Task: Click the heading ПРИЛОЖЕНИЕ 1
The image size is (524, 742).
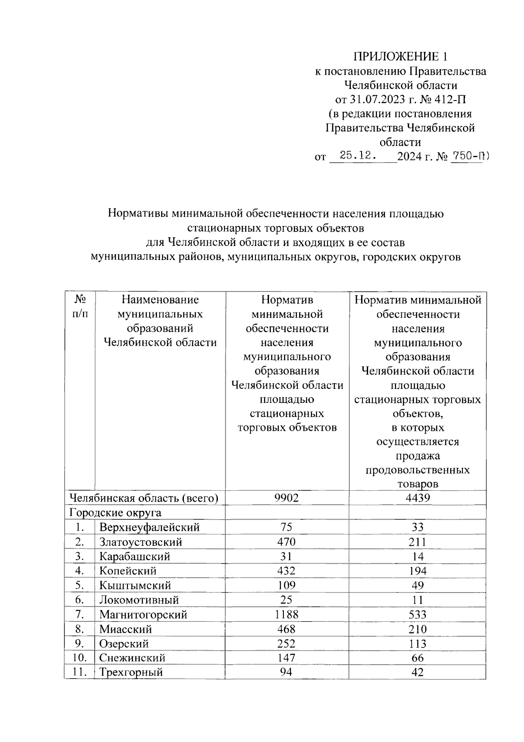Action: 400,57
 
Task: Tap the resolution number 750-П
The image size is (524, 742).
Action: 468,155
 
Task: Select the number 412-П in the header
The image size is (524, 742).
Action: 450,99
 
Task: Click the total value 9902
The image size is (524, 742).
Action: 286,498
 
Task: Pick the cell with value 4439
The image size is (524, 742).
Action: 417,498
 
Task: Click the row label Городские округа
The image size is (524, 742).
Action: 115,513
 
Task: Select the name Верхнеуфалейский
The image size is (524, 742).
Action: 149,527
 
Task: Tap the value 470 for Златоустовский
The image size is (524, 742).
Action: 286,542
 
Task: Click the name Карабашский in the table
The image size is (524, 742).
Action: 134,557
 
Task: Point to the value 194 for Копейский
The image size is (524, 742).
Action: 417,571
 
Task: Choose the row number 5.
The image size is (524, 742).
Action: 79,586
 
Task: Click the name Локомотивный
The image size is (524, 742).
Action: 139,600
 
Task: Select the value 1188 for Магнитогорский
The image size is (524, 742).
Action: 286,614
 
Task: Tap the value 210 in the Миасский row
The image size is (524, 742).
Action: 417,629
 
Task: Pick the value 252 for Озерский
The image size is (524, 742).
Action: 286,644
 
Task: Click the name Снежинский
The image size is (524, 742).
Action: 132,658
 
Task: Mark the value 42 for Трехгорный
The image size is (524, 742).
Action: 417,673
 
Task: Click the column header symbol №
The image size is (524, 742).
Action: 79,300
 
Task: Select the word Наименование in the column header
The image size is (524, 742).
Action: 160,300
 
